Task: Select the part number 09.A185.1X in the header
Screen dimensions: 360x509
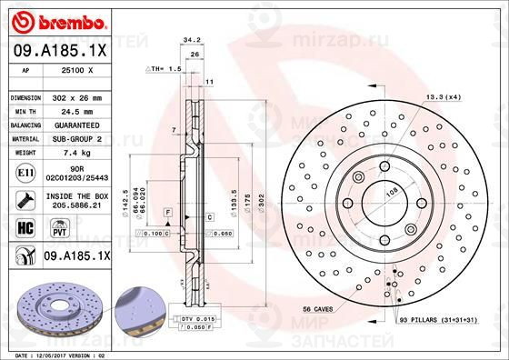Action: pyautogui.click(x=55, y=53)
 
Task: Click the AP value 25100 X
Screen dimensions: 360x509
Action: pyautogui.click(x=76, y=70)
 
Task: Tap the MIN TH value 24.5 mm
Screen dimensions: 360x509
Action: pyautogui.click(x=76, y=110)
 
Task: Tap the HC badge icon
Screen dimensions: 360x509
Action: pyautogui.click(x=25, y=227)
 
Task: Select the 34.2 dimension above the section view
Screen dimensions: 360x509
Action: pyautogui.click(x=192, y=40)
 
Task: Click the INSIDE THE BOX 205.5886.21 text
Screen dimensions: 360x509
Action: pyautogui.click(x=76, y=200)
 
